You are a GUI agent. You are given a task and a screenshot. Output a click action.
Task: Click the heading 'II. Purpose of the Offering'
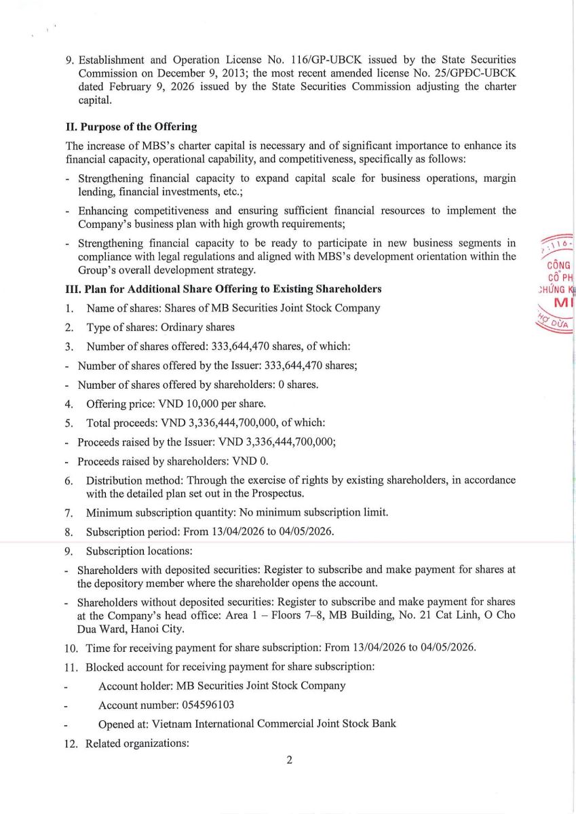click(x=131, y=126)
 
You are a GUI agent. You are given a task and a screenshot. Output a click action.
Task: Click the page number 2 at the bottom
click(x=289, y=760)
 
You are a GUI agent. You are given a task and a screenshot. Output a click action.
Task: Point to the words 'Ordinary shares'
click(x=197, y=327)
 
